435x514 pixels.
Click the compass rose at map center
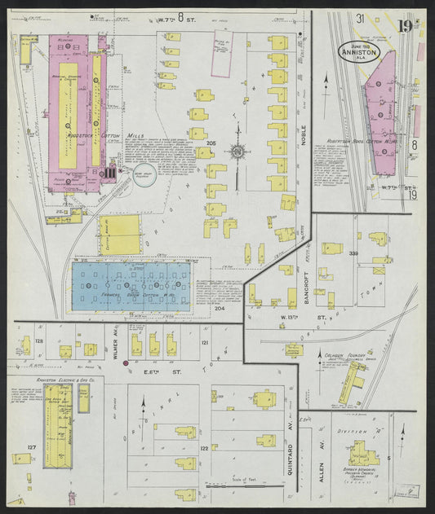[237, 151]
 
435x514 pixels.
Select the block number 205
[211, 143]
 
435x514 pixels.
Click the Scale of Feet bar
[241, 485]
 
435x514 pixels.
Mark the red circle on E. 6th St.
[125, 363]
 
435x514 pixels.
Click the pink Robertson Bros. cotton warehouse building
[382, 114]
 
